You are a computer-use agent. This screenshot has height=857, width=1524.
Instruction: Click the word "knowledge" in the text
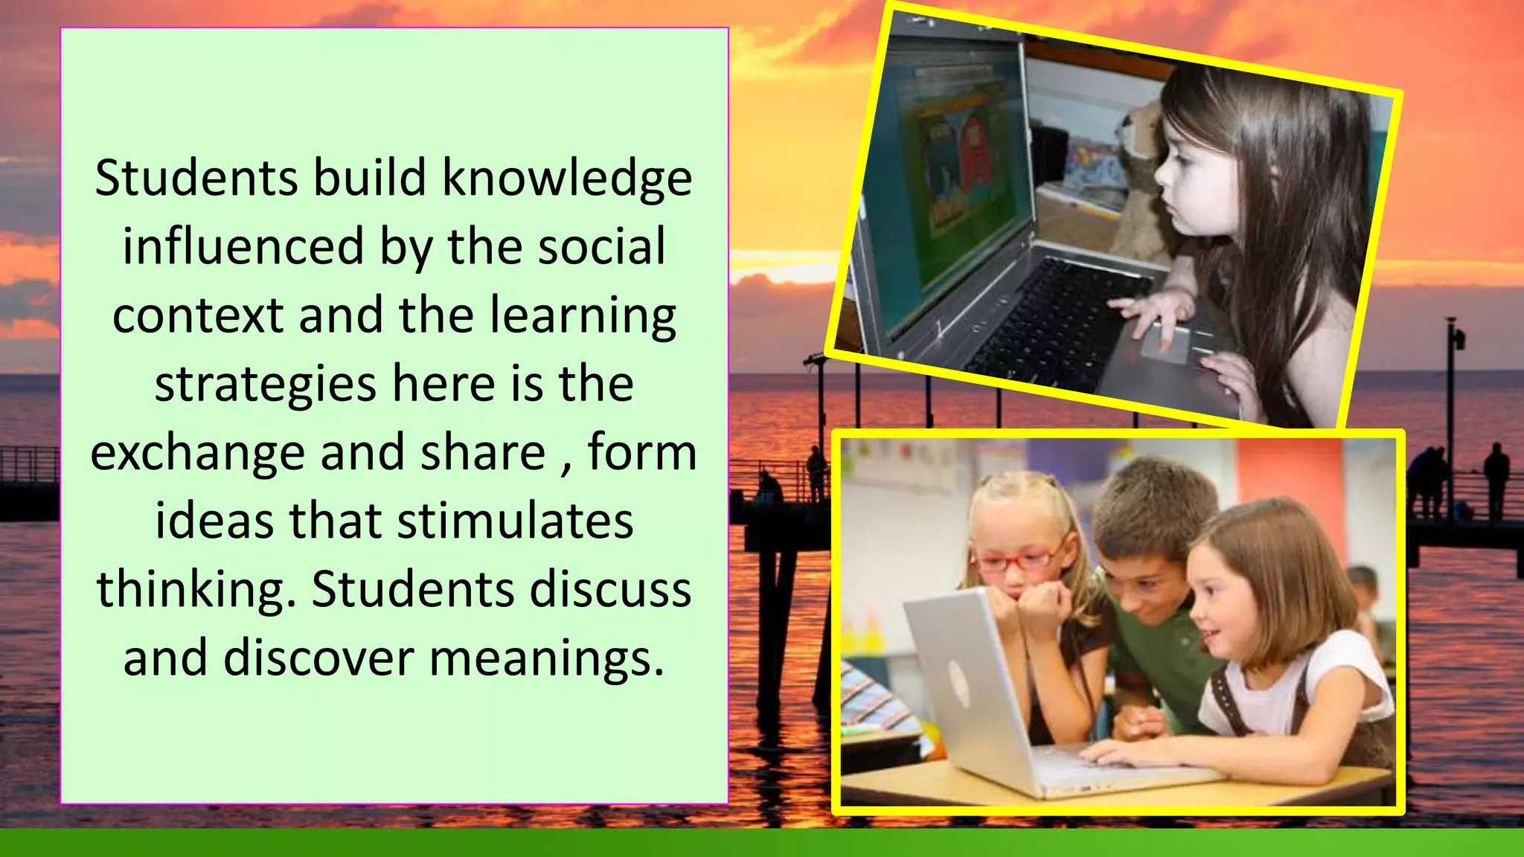[x=567, y=179]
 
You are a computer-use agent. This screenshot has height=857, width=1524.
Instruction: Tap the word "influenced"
[x=243, y=247]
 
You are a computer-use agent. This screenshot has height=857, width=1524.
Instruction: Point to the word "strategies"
[x=266, y=384]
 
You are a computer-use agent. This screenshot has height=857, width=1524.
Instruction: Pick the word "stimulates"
[x=515, y=521]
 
